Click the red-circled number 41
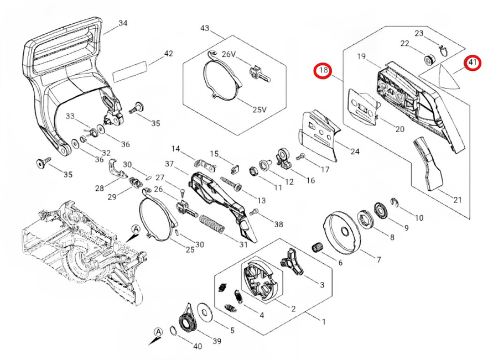pos(473,63)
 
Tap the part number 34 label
pos(123,23)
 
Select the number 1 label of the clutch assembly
pos(323,320)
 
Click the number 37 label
pos(169,164)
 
